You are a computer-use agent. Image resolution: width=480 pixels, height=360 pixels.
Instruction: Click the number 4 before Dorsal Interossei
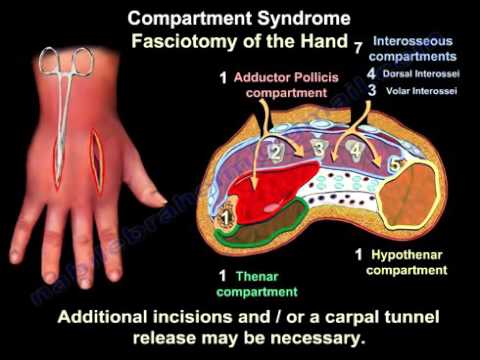[371, 73]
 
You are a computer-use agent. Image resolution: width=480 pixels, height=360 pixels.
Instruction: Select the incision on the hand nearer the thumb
[96, 161]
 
